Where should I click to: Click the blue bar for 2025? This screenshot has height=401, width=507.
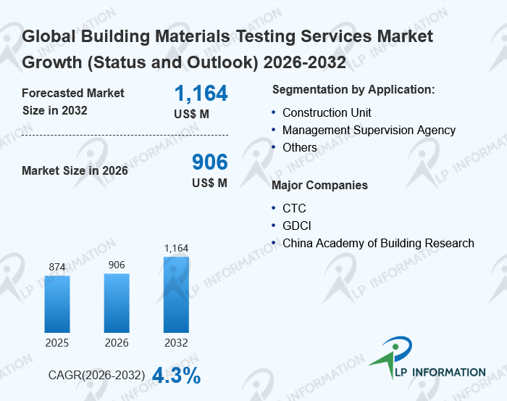pyautogui.click(x=57, y=303)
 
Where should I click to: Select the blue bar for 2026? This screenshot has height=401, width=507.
pyautogui.click(x=117, y=302)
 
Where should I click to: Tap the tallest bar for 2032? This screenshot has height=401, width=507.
pyautogui.click(x=176, y=294)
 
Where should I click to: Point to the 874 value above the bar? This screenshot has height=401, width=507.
pyautogui.click(x=57, y=267)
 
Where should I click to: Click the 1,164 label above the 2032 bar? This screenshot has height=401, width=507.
pyautogui.click(x=176, y=248)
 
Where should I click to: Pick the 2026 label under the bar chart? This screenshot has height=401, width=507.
pyautogui.click(x=117, y=342)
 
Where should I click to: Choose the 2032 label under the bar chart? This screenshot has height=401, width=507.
pyautogui.click(x=176, y=342)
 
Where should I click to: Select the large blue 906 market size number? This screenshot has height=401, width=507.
pyautogui.click(x=209, y=162)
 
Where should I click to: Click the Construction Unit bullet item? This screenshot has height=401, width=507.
pyautogui.click(x=327, y=112)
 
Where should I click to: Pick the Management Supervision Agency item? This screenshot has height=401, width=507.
pyautogui.click(x=369, y=130)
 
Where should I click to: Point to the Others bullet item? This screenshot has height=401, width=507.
pyautogui.click(x=300, y=147)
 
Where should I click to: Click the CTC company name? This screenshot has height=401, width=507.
pyautogui.click(x=294, y=208)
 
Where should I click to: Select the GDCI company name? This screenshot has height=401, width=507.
pyautogui.click(x=297, y=226)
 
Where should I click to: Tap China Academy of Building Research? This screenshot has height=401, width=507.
pyautogui.click(x=378, y=243)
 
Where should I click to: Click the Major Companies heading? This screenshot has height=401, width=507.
pyautogui.click(x=319, y=185)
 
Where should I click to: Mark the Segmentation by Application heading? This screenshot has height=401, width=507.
pyautogui.click(x=353, y=89)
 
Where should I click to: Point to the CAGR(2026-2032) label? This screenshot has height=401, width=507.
pyautogui.click(x=96, y=376)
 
